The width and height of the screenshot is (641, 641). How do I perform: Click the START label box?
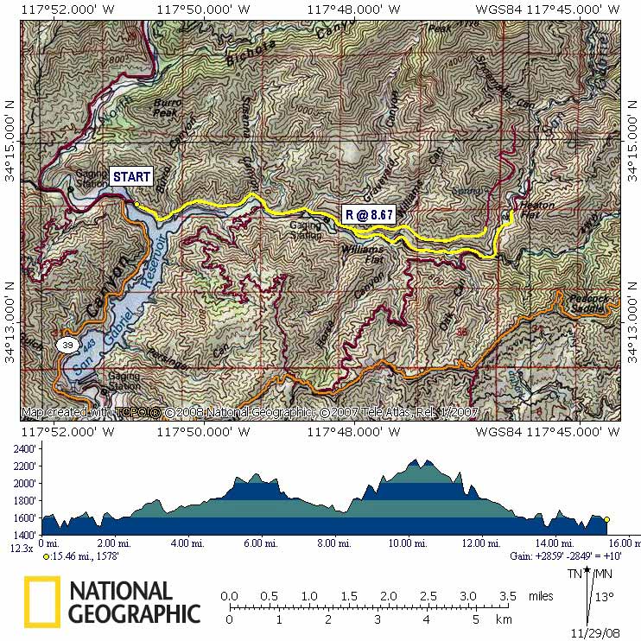(133, 176)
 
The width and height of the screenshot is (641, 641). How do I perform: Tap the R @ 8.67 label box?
(369, 215)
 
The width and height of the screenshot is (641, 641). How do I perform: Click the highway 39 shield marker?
(66, 346)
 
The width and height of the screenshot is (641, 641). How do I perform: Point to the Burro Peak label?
(166, 108)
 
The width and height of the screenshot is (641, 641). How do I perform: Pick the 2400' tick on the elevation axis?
(23, 449)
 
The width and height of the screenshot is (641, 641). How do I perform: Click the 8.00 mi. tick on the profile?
(333, 543)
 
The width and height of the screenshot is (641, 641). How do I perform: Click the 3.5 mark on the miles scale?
(508, 596)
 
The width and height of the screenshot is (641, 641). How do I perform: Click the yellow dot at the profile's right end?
(606, 519)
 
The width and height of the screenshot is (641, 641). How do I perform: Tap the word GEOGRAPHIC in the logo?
(135, 614)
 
